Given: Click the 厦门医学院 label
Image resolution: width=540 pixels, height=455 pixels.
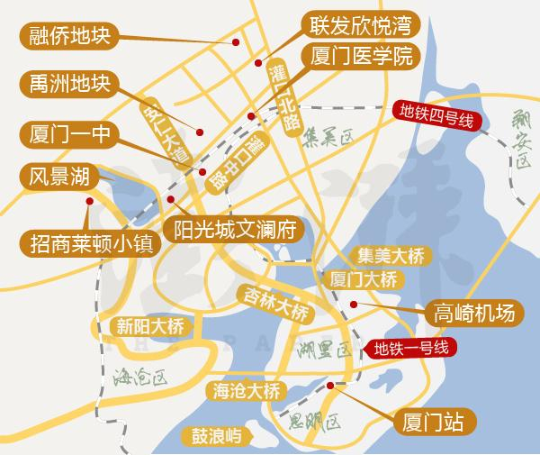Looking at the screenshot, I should click(359, 56).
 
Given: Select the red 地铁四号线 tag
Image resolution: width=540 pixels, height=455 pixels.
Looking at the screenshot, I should click(436, 118).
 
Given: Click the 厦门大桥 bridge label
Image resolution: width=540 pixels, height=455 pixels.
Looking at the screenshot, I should click(364, 278).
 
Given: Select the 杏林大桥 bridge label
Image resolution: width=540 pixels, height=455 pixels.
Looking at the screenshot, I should click(274, 302).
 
